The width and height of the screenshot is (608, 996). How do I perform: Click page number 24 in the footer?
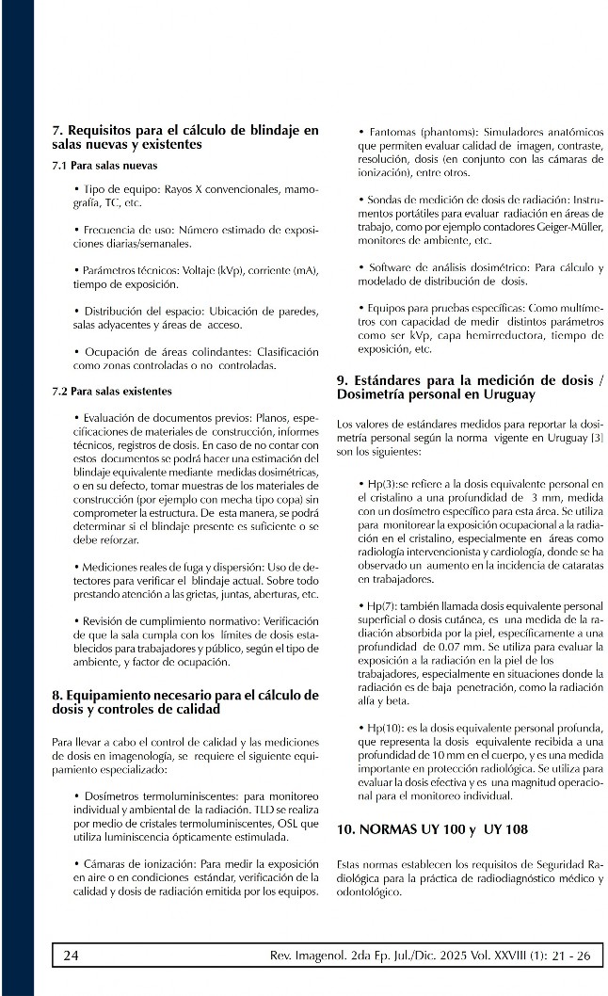coord(71,956)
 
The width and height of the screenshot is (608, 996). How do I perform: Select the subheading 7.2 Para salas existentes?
coord(111,391)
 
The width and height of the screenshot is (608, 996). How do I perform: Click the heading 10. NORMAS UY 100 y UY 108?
coord(432,829)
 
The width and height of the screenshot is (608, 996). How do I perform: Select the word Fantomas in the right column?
coord(392,132)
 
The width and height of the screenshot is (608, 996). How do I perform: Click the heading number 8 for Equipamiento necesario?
coord(56,696)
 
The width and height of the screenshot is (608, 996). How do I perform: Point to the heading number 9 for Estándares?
coord(342,379)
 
